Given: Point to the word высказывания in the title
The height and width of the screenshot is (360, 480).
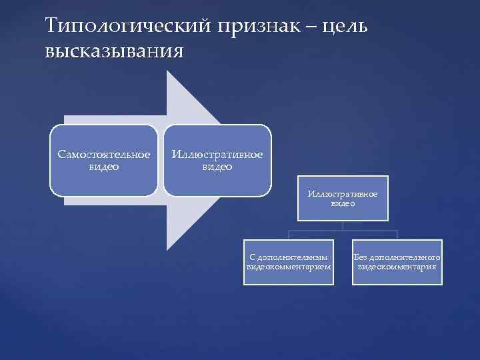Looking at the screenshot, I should [x=113, y=51].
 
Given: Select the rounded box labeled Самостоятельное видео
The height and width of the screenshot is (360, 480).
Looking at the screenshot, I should [x=103, y=160].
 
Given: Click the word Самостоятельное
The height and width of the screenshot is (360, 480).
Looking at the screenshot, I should [x=103, y=155].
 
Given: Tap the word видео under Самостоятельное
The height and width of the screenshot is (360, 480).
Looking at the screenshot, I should [x=103, y=167].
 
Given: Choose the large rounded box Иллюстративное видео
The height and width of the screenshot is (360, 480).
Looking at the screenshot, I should [x=217, y=160].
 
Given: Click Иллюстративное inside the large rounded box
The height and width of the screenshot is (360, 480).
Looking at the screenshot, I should [x=217, y=155].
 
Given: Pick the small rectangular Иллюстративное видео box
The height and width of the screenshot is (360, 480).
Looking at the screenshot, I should [x=343, y=199].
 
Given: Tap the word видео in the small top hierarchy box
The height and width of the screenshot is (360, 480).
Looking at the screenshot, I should [x=343, y=204].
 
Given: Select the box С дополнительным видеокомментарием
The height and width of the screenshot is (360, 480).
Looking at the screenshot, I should [x=288, y=261].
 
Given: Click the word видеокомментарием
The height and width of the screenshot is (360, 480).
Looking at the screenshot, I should [x=288, y=267].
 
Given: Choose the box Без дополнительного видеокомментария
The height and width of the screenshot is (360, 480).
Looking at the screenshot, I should [x=397, y=261].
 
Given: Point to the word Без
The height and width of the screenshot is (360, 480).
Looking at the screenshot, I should [x=360, y=257].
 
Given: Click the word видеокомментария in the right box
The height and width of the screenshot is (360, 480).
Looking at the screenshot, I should [x=397, y=267].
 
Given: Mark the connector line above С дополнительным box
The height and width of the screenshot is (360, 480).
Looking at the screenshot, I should [x=288, y=234].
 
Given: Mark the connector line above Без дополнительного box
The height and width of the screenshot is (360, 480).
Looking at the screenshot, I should [x=397, y=234].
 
